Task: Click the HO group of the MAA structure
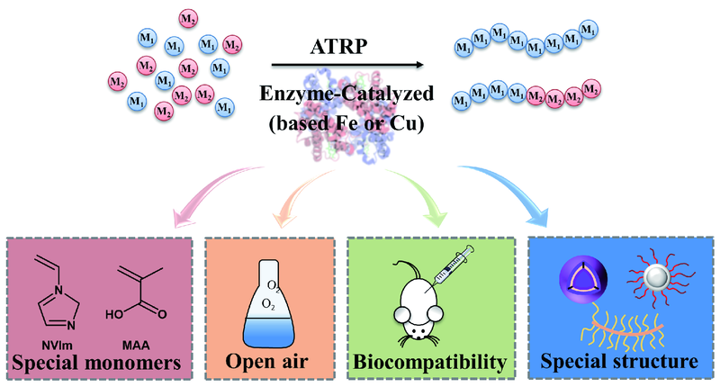pyautogui.click(x=114, y=316)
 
